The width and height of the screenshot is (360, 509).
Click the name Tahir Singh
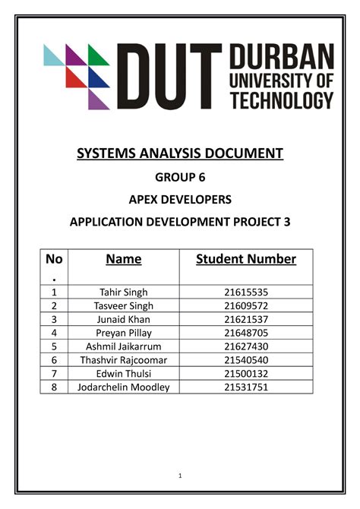coord(124,292)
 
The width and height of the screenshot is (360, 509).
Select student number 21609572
coord(246,305)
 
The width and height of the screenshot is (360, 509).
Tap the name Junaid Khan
coord(124,319)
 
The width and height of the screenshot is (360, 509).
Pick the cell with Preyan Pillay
coord(124,333)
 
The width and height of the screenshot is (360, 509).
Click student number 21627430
coord(246,346)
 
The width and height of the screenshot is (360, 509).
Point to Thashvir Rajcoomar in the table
coord(124,360)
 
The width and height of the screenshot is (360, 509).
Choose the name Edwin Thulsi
coord(124,374)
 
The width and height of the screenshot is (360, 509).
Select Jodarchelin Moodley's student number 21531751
coord(246,387)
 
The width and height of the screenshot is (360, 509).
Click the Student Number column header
coord(246,259)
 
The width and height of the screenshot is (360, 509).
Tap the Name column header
coord(124,259)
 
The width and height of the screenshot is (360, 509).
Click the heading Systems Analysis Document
coord(180,154)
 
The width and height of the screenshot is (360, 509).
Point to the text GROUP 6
coord(180,179)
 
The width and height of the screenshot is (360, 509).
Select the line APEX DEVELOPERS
coord(180,200)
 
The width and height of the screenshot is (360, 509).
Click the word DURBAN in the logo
coord(281,58)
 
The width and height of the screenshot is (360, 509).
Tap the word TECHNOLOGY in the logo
coord(281,100)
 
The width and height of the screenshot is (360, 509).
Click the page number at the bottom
coord(180,476)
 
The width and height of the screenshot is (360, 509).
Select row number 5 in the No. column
coord(54,346)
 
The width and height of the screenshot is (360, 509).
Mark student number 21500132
coord(246,374)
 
